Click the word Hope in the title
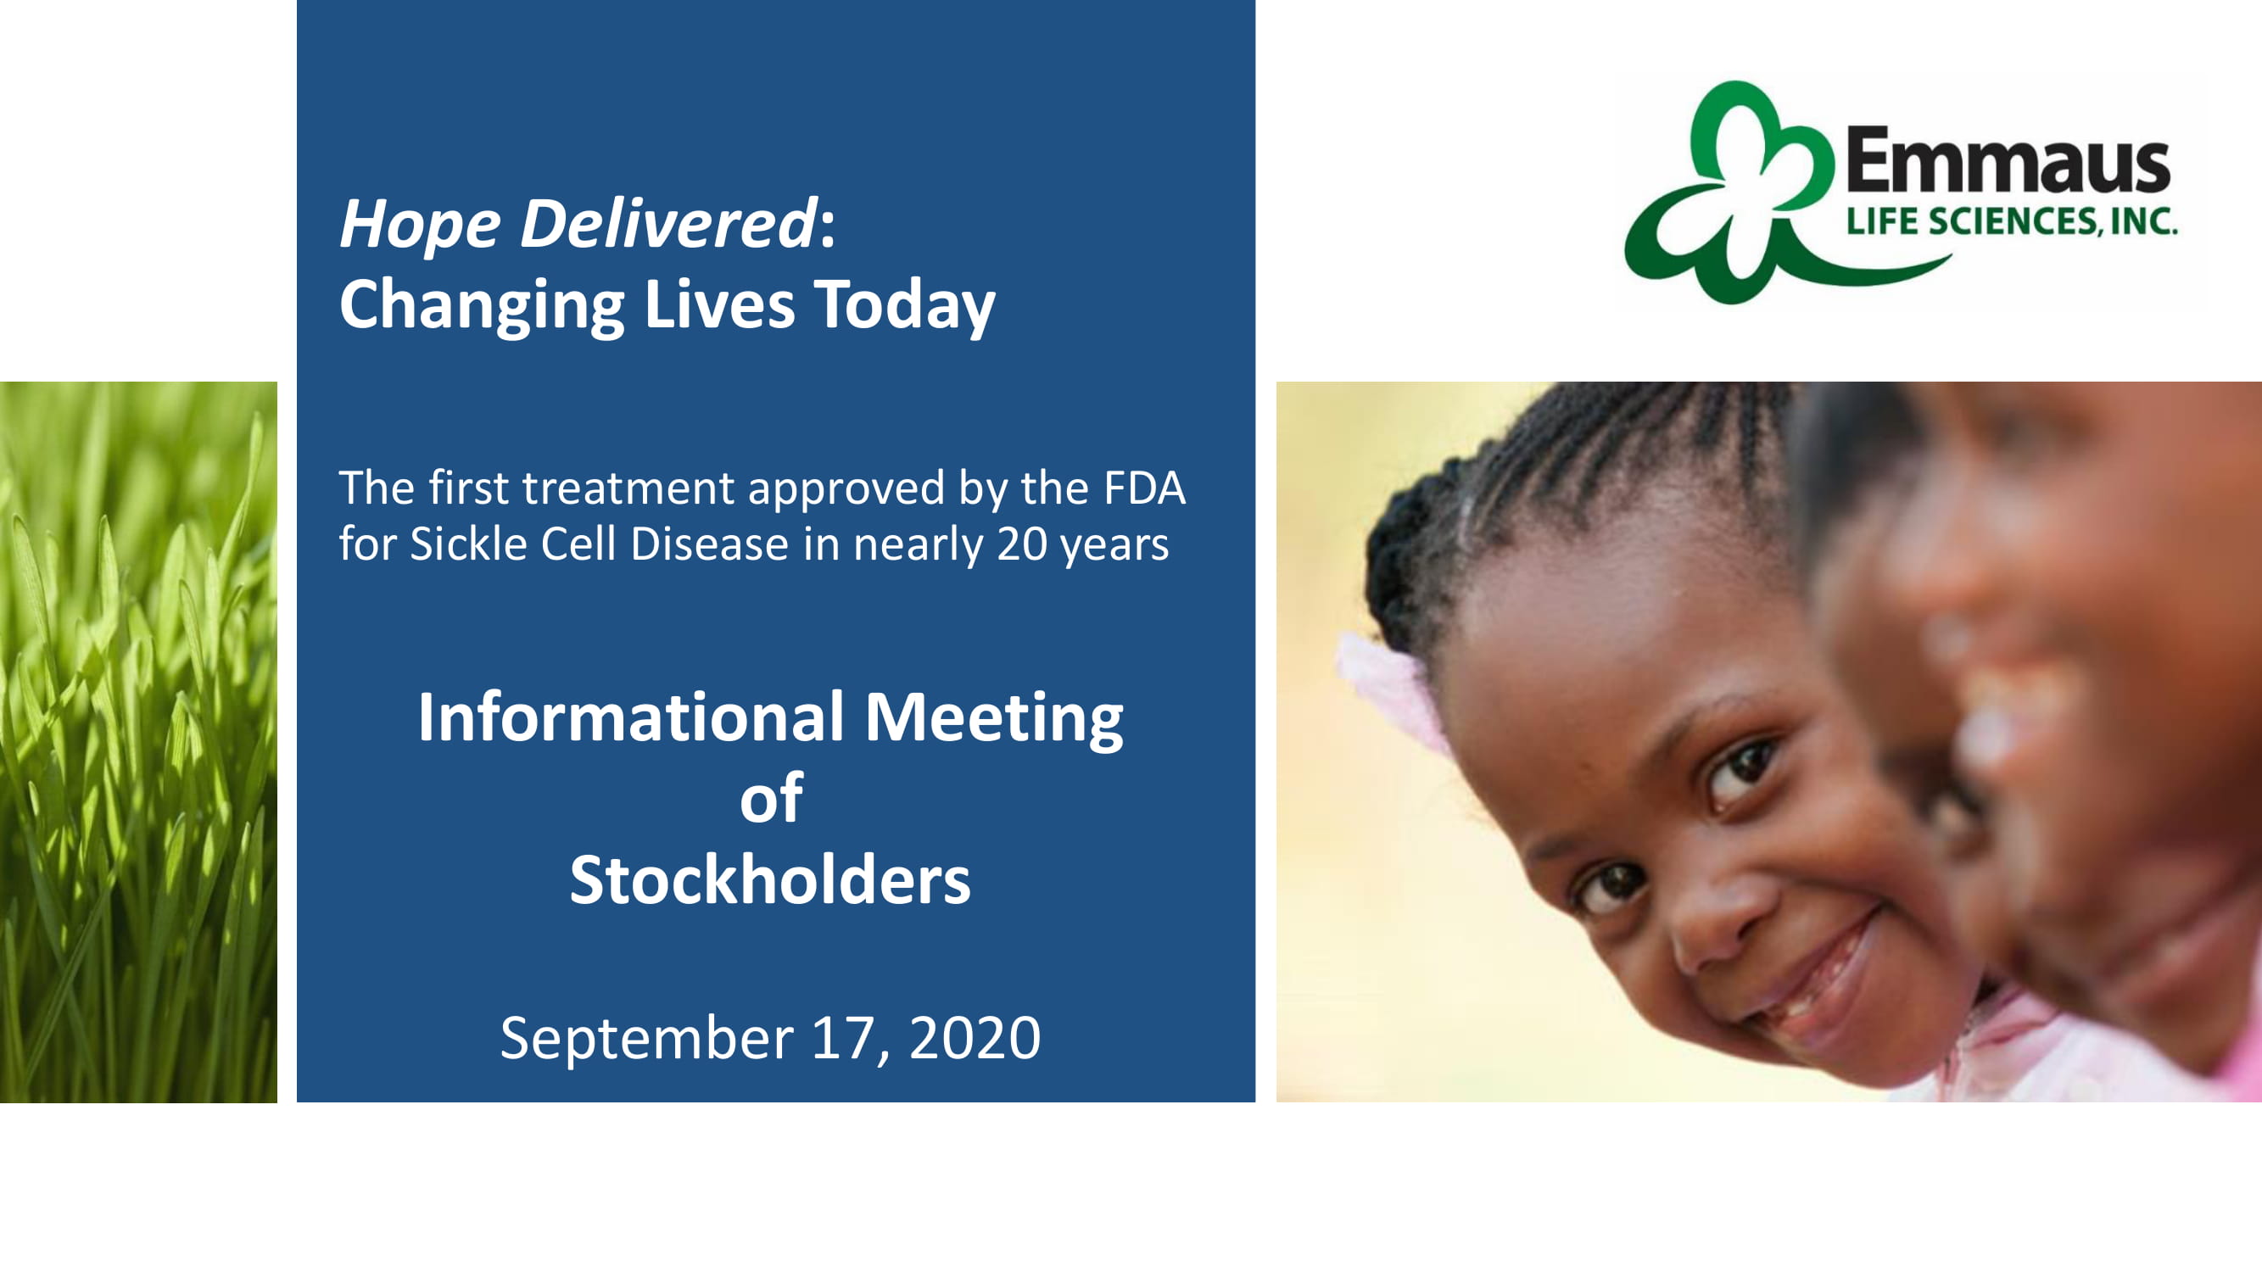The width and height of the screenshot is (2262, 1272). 420,225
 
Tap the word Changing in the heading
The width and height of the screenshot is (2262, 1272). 481,306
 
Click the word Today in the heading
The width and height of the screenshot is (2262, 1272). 904,306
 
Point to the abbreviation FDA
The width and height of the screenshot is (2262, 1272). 1144,488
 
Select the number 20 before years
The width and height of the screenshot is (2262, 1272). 1022,545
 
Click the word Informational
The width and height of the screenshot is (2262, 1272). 630,717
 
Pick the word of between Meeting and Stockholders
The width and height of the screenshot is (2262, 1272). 771,798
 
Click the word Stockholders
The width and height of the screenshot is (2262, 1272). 770,879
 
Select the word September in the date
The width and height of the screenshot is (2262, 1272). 647,1040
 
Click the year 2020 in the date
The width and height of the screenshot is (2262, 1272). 975,1038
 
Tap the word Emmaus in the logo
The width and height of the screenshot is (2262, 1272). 2008,160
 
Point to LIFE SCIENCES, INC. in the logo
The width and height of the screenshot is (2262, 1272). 2012,221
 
